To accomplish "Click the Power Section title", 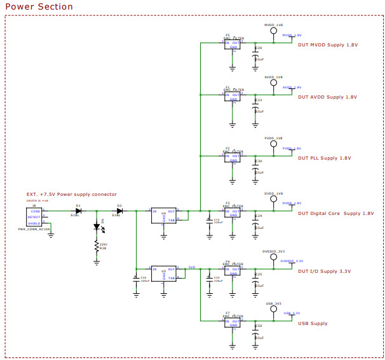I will [x=39, y=7].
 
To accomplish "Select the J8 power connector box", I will [x=34, y=217].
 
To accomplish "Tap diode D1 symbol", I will [x=78, y=211].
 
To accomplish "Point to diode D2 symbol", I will [x=119, y=211].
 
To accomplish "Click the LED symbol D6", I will [x=97, y=226].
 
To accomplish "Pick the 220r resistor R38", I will [x=97, y=246].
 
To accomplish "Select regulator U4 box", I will [x=163, y=215].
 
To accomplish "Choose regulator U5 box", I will [x=163, y=273].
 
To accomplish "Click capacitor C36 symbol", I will [x=136, y=279].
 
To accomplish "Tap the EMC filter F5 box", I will [x=233, y=43].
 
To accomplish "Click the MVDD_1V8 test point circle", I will [x=274, y=31].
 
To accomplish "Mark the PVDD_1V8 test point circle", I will [x=274, y=144].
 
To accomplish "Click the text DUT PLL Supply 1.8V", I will [x=324, y=158].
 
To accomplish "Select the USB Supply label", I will [x=313, y=324].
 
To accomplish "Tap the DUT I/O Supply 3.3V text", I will [x=324, y=272].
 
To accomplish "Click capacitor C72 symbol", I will [x=210, y=222].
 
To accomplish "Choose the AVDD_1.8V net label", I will [x=292, y=88].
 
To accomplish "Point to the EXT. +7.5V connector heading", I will [x=71, y=194].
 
